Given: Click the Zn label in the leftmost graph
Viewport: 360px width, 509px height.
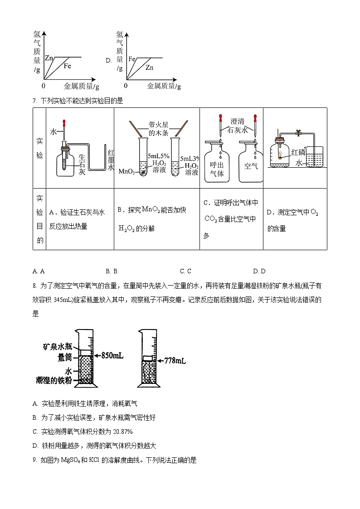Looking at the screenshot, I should (49, 58).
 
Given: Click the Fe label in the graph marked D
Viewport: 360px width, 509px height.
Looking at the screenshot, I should (132, 59).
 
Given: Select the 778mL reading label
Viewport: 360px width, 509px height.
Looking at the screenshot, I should (174, 361).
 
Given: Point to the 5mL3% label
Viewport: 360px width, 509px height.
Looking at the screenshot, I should (190, 159).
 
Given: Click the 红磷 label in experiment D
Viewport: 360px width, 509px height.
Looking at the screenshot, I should (298, 152).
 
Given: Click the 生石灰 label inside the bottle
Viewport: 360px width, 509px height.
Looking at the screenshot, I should (82, 164).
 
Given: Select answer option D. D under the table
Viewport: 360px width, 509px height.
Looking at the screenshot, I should (259, 271).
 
